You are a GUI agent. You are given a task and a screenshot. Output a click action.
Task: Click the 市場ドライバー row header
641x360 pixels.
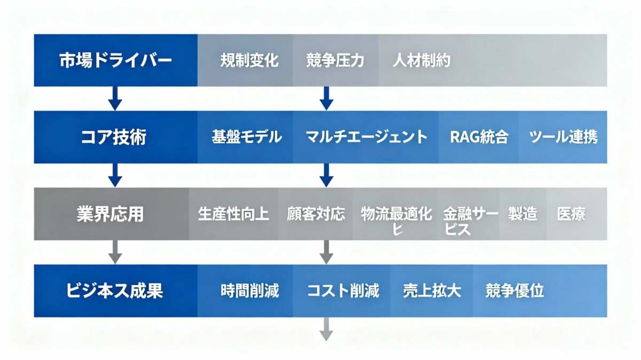coord(115,60)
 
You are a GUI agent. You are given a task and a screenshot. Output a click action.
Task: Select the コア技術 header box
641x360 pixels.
coord(115,137)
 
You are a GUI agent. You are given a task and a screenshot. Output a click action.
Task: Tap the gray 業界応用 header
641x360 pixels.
coord(111,214)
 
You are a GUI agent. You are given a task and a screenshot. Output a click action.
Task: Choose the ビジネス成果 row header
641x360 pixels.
coord(115,291)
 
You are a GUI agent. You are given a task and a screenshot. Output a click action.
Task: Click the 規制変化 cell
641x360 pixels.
coord(249,60)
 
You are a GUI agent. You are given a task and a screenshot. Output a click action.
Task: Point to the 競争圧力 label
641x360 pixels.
coord(335,60)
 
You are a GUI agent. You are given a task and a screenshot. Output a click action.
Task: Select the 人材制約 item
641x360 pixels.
coord(421,60)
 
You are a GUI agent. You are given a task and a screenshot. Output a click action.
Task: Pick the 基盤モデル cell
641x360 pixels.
coord(246,137)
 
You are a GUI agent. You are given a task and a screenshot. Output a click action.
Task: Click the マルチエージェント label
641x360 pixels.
coord(366,137)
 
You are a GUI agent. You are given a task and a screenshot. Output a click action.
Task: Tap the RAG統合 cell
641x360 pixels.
coord(479,137)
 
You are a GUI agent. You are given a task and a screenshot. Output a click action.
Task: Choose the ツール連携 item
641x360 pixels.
coord(563,137)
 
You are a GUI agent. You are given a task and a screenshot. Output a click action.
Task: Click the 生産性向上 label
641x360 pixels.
coord(233,214)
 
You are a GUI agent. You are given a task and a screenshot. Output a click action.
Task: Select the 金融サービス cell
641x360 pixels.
coord(469,221)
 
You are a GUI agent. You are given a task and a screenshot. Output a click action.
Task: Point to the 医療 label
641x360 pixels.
coord(571,214)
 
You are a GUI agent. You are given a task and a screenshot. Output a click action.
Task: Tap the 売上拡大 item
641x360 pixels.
coord(432,291)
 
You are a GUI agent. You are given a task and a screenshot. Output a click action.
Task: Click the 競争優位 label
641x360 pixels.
coord(514,291)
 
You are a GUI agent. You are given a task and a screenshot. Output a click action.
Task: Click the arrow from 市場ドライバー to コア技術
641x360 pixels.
coord(115,98)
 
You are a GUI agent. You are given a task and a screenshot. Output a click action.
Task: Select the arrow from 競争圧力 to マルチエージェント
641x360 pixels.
coord(327,98)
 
